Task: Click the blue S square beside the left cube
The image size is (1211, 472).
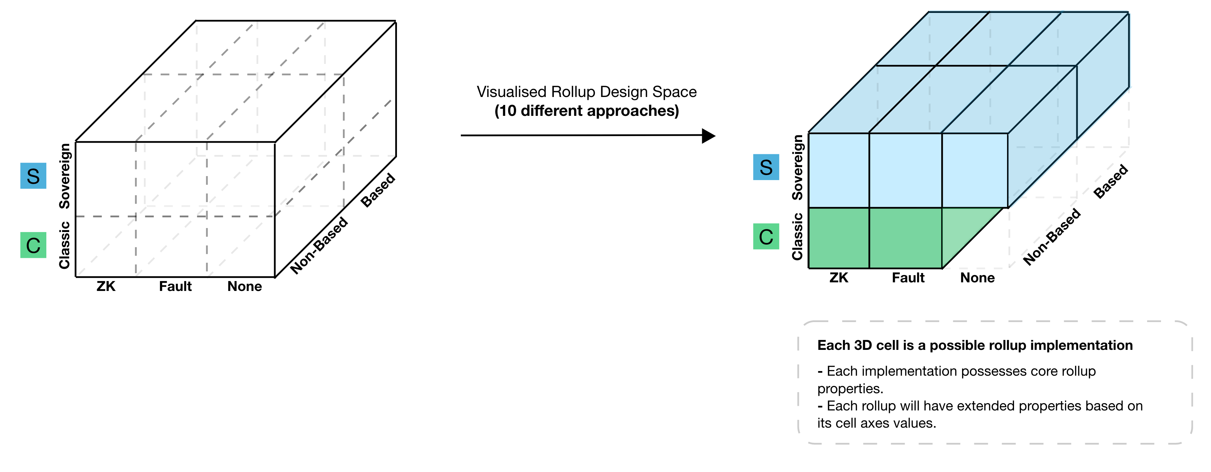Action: [x=33, y=176]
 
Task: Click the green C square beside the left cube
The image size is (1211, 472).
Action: [x=33, y=245]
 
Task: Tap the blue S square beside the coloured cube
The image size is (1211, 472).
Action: [x=766, y=167]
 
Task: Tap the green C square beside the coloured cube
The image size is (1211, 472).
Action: [x=766, y=236]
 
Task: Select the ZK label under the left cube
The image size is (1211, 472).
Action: [x=106, y=286]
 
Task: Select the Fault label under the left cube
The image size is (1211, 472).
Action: [x=175, y=286]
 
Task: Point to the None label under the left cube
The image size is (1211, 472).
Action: [x=244, y=286]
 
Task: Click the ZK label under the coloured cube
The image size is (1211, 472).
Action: [x=839, y=278]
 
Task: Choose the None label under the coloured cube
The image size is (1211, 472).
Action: [x=977, y=278]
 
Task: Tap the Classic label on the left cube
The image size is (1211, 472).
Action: [x=65, y=245]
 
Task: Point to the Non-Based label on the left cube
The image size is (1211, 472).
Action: [x=319, y=245]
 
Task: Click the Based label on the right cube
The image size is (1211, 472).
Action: [x=1110, y=181]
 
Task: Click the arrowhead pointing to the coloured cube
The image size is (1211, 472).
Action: [x=708, y=136]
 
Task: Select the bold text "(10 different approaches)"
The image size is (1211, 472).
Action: [x=587, y=111]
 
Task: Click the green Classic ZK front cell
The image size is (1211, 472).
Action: [x=839, y=238]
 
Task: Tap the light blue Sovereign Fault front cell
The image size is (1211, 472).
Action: [x=905, y=170]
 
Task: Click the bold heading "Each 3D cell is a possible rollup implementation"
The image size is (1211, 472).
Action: [x=975, y=346]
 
